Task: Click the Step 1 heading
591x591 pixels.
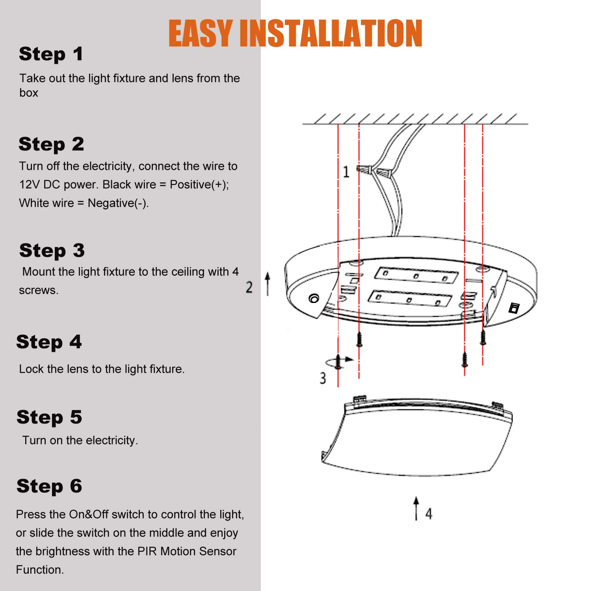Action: pos(51,54)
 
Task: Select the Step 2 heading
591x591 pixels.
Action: pos(51,144)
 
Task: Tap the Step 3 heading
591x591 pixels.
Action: pos(52,251)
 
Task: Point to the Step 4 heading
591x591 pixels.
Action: pos(49,342)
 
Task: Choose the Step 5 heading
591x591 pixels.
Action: pos(49,417)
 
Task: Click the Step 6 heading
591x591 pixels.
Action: pos(49,486)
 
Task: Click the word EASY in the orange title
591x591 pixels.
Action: pos(201,33)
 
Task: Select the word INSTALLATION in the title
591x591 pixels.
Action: pos(331,33)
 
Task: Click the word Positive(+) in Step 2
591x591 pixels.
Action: pos(199,184)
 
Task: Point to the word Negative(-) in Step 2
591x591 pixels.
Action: pos(118,203)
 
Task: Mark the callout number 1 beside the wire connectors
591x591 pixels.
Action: pos(346,172)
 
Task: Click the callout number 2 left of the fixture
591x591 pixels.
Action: pos(249,287)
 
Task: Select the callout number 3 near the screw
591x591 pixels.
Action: pos(323,378)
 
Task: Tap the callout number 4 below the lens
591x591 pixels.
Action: pos(429,513)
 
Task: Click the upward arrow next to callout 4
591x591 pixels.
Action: pos(416,508)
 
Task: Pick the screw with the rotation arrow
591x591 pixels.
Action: pos(338,361)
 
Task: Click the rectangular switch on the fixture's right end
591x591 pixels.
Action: pos(514,308)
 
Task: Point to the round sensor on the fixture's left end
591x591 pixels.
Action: pos(314,299)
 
